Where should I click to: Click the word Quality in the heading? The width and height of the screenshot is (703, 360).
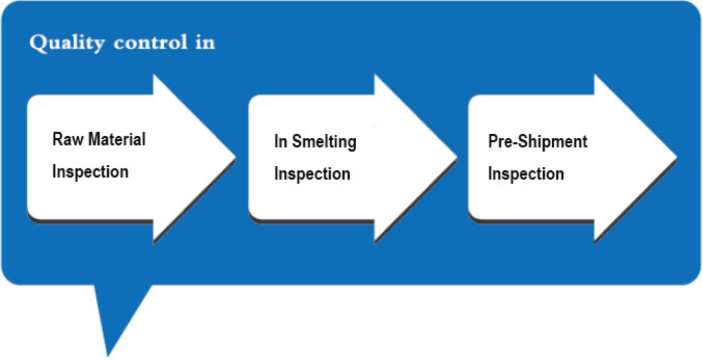(67, 43)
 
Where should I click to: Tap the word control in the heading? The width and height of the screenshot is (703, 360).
(151, 42)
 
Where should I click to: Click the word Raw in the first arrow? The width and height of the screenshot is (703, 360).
(68, 139)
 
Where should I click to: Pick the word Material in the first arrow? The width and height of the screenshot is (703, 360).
(117, 139)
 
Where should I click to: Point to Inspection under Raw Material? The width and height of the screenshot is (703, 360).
(90, 172)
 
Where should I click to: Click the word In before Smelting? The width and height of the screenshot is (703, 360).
(281, 141)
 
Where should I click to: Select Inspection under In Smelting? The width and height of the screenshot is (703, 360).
(312, 174)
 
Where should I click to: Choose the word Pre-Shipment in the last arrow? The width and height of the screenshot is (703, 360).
(538, 141)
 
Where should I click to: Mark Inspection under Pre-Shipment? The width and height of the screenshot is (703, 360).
(526, 174)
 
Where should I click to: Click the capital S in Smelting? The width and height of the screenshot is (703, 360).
(298, 141)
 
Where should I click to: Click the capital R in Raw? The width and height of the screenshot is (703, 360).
(57, 139)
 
